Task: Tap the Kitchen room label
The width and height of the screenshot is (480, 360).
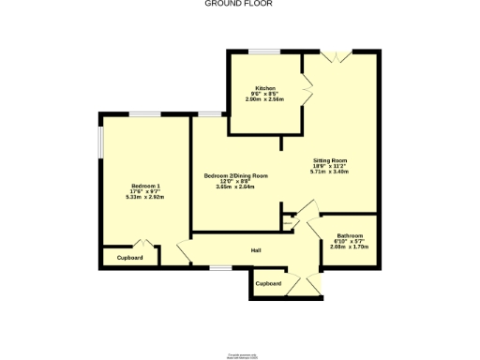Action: (x=264, y=87)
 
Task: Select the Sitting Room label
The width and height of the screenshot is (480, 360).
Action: (x=329, y=160)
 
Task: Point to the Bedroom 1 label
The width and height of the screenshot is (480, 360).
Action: (x=145, y=185)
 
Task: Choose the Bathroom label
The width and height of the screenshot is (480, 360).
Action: (x=350, y=235)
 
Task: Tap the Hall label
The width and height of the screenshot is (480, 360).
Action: (x=255, y=250)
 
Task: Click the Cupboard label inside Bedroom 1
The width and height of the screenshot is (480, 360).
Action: (x=129, y=258)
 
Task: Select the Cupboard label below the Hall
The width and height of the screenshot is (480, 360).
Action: (x=268, y=283)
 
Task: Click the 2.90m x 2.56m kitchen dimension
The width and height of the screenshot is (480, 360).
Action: (x=264, y=98)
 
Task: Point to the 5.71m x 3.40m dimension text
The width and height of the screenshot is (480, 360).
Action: (x=329, y=172)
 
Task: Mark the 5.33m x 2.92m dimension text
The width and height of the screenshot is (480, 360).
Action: (x=145, y=197)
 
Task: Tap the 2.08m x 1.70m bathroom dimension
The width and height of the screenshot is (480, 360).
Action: (x=350, y=247)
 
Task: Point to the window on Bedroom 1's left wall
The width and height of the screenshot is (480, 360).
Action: (x=100, y=146)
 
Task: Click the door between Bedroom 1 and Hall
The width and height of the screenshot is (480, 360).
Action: (x=183, y=251)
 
